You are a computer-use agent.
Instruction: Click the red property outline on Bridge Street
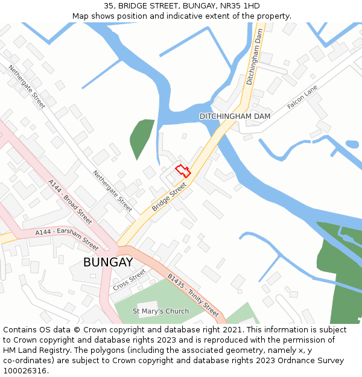[x=183, y=171]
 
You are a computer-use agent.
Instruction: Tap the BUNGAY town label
[x=108, y=262]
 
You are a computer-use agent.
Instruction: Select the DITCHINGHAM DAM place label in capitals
[x=235, y=116]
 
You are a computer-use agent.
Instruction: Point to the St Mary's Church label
[x=160, y=311]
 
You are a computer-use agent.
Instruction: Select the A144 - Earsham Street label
[x=66, y=239]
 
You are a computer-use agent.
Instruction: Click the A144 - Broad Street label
[x=70, y=201]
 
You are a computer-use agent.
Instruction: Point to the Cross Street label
[x=129, y=279]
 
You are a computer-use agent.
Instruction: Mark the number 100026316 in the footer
[x=26, y=371]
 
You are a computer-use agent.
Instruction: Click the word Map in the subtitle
[x=80, y=16]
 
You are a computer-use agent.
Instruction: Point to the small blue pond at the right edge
[x=352, y=144]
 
